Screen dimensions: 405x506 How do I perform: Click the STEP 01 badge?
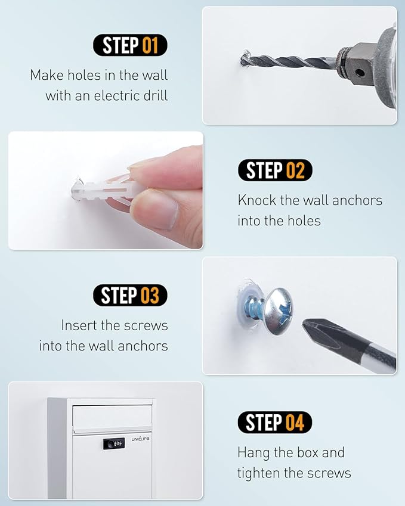[x=130, y=45]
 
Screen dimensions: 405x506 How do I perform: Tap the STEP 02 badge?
[x=275, y=170]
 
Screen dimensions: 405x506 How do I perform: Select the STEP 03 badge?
[x=130, y=295]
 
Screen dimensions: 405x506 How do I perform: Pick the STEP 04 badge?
[x=275, y=422]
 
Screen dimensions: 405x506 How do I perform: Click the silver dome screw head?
[x=279, y=311]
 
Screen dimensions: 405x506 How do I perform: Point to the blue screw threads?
[x=255, y=309]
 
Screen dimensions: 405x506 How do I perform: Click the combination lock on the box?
[x=114, y=443]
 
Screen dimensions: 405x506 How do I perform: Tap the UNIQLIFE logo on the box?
[x=141, y=439]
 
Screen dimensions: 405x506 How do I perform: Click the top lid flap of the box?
[x=112, y=419]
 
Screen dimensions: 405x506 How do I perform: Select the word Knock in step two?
[x=256, y=200]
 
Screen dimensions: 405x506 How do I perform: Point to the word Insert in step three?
[x=79, y=325]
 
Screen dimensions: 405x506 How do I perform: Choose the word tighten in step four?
[x=258, y=473]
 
